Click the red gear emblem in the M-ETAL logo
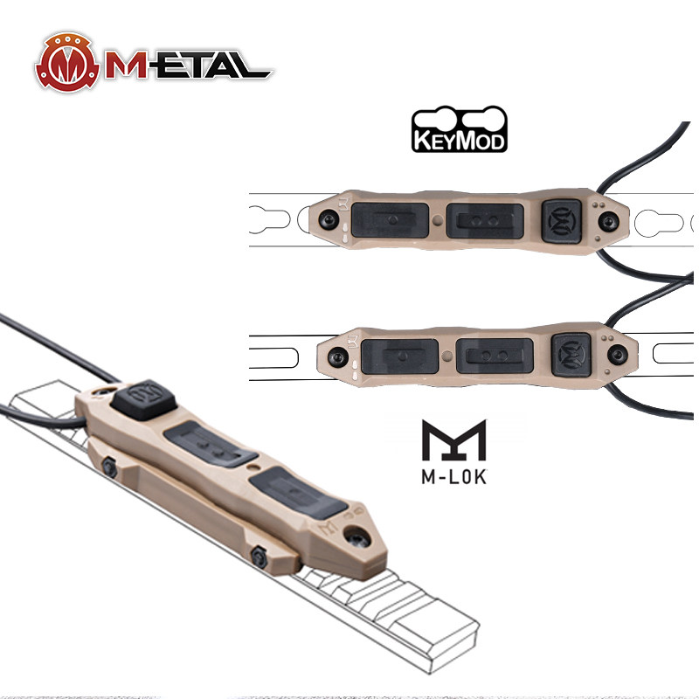[67, 62]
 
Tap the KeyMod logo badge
[460, 129]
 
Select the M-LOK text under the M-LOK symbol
[453, 477]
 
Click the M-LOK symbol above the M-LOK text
[453, 439]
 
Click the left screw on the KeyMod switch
[329, 219]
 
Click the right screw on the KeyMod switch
[608, 222]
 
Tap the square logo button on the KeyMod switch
[562, 222]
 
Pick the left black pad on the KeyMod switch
[390, 220]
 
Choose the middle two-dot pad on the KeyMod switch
[485, 221]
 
